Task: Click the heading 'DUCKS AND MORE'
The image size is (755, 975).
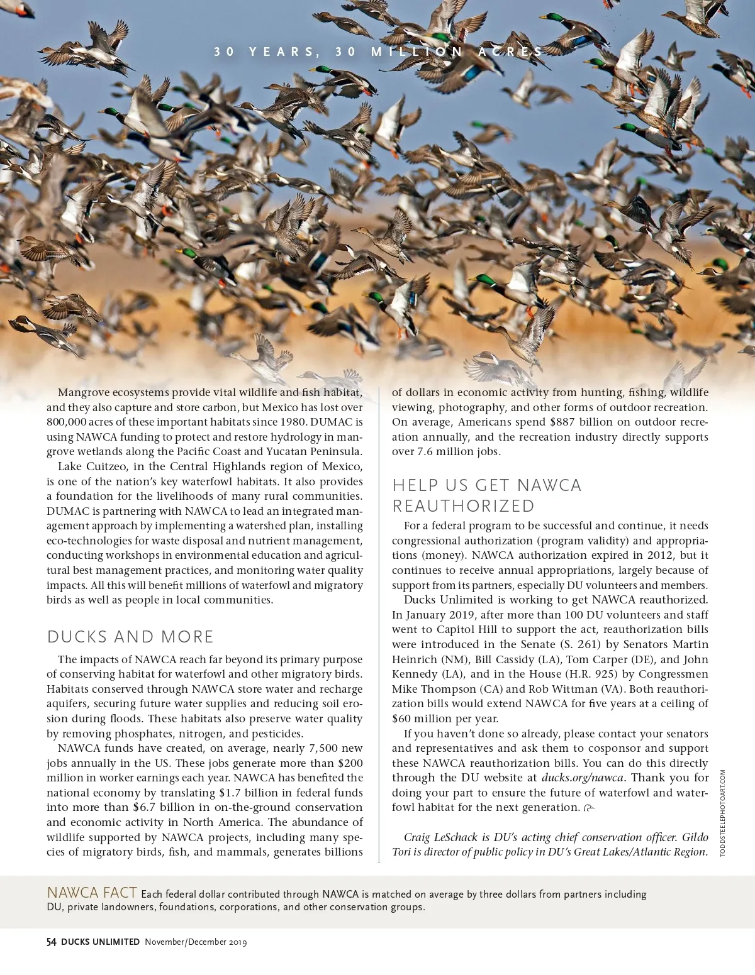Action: (x=130, y=637)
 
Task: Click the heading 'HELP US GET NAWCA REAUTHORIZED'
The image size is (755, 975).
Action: (x=486, y=495)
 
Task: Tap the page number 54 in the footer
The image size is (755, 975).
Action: (x=52, y=942)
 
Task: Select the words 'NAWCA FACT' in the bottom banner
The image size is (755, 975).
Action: (x=92, y=893)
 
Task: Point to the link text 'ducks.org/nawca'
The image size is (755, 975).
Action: (x=582, y=778)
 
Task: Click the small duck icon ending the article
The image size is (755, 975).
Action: (x=589, y=808)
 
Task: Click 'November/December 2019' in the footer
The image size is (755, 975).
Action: (x=196, y=942)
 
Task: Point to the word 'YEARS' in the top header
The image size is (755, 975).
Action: (x=283, y=52)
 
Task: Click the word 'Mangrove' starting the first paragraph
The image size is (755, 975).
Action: (x=84, y=392)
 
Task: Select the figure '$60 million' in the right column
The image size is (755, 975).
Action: (x=422, y=719)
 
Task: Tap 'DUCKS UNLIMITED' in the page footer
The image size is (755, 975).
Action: (x=100, y=942)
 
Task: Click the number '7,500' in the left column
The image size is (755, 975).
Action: (x=323, y=748)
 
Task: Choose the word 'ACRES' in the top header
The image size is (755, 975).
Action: (x=510, y=52)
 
